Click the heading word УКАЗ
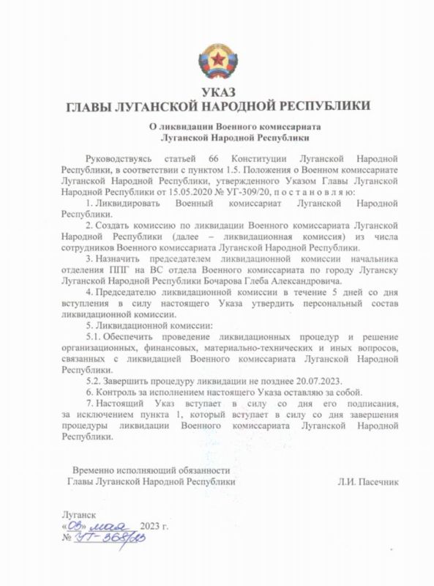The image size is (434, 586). (217, 93)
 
